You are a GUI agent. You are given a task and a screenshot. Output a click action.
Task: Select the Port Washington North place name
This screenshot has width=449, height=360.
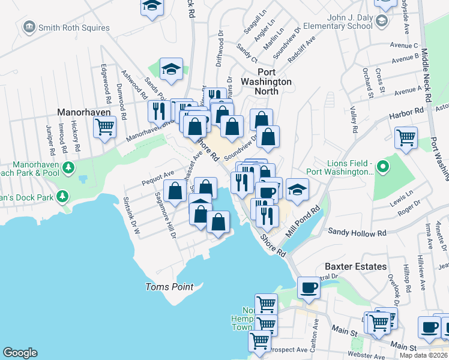[x=266, y=86]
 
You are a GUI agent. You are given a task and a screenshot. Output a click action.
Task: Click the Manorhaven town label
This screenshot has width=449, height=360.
[x=82, y=112]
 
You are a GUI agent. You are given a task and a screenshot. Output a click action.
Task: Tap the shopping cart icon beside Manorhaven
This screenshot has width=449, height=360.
[x=105, y=127]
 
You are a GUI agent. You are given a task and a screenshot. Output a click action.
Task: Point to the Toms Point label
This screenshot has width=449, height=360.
[x=170, y=287]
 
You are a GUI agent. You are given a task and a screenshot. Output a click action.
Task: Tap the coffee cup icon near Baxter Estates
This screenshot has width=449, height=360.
[x=309, y=287]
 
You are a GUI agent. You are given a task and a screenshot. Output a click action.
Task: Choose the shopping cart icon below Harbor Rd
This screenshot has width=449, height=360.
[x=406, y=137]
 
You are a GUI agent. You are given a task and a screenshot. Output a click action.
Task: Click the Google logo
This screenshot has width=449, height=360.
[x=20, y=353]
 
